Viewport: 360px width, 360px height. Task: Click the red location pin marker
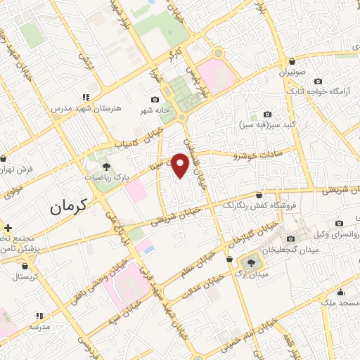click(x=181, y=165)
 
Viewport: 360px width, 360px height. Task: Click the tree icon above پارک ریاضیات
click(x=106, y=167)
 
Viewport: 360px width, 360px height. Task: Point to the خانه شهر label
click(x=154, y=111)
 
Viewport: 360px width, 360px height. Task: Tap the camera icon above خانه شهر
click(x=155, y=100)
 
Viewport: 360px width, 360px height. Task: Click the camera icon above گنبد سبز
click(x=266, y=114)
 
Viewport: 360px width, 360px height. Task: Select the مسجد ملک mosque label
click(x=339, y=302)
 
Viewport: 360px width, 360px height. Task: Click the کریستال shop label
click(x=26, y=277)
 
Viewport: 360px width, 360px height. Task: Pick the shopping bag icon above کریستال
click(x=26, y=266)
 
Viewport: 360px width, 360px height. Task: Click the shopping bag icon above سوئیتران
click(x=290, y=61)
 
